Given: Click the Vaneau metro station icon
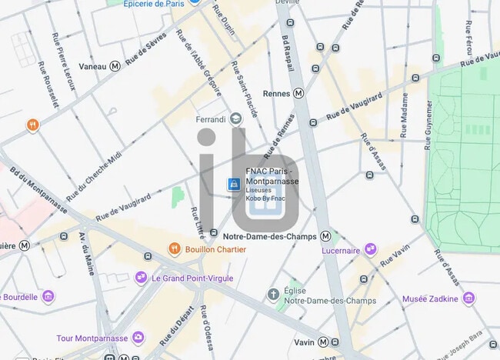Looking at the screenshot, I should point(115,66).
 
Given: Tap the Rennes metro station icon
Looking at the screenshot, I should point(298,93).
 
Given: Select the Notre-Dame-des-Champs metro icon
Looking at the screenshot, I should point(325,236).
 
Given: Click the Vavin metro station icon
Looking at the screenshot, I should point(324,342).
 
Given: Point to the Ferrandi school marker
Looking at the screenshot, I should point(236,118).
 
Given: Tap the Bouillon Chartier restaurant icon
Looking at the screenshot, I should point(175,248).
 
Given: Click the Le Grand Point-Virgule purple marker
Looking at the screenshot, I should point(141,277).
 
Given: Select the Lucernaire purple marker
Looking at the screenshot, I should point(371,249).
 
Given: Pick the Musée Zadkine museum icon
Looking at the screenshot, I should point(468,298).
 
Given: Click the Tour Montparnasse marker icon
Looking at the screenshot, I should point(138,338).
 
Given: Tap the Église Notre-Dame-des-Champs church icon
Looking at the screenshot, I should point(273,294).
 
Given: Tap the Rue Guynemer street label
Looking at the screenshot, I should point(428,122).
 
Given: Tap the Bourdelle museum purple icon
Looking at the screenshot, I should point(48,297).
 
